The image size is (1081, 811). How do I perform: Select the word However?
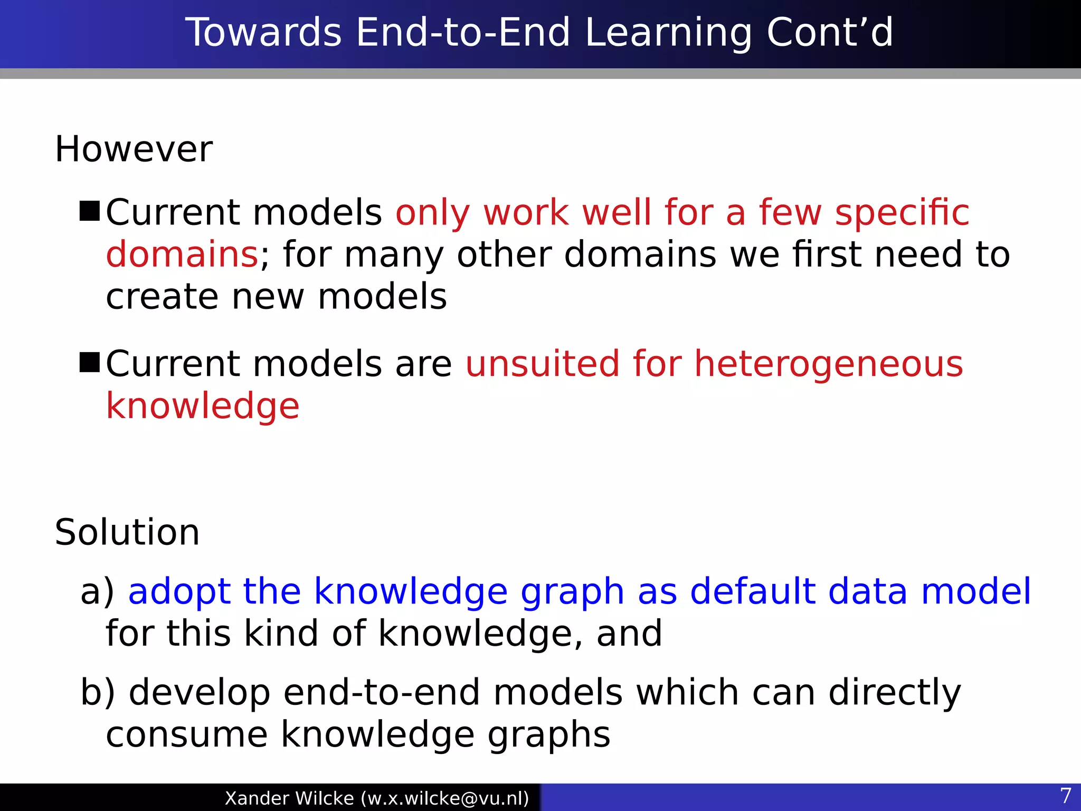click(134, 149)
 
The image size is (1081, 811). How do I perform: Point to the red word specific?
click(902, 213)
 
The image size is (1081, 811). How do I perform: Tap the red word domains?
click(182, 254)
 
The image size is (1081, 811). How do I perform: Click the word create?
click(162, 297)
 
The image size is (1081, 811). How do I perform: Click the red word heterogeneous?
click(828, 365)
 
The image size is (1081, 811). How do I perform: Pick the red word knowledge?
click(203, 407)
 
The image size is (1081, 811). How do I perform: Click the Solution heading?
click(127, 532)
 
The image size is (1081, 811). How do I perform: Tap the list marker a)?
click(97, 591)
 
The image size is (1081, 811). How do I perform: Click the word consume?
click(186, 735)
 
